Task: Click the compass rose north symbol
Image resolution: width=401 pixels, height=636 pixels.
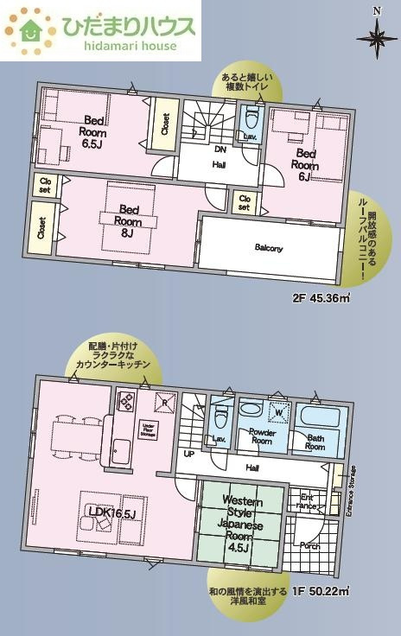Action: point(377,35)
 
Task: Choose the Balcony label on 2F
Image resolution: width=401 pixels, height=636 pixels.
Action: point(269,248)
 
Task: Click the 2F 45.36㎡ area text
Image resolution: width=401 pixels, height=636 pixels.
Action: point(321,299)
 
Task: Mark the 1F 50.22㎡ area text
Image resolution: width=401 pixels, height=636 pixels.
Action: point(320,591)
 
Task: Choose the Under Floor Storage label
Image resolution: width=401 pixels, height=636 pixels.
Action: point(149,429)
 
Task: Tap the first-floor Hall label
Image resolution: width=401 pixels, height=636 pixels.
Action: point(251,467)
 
